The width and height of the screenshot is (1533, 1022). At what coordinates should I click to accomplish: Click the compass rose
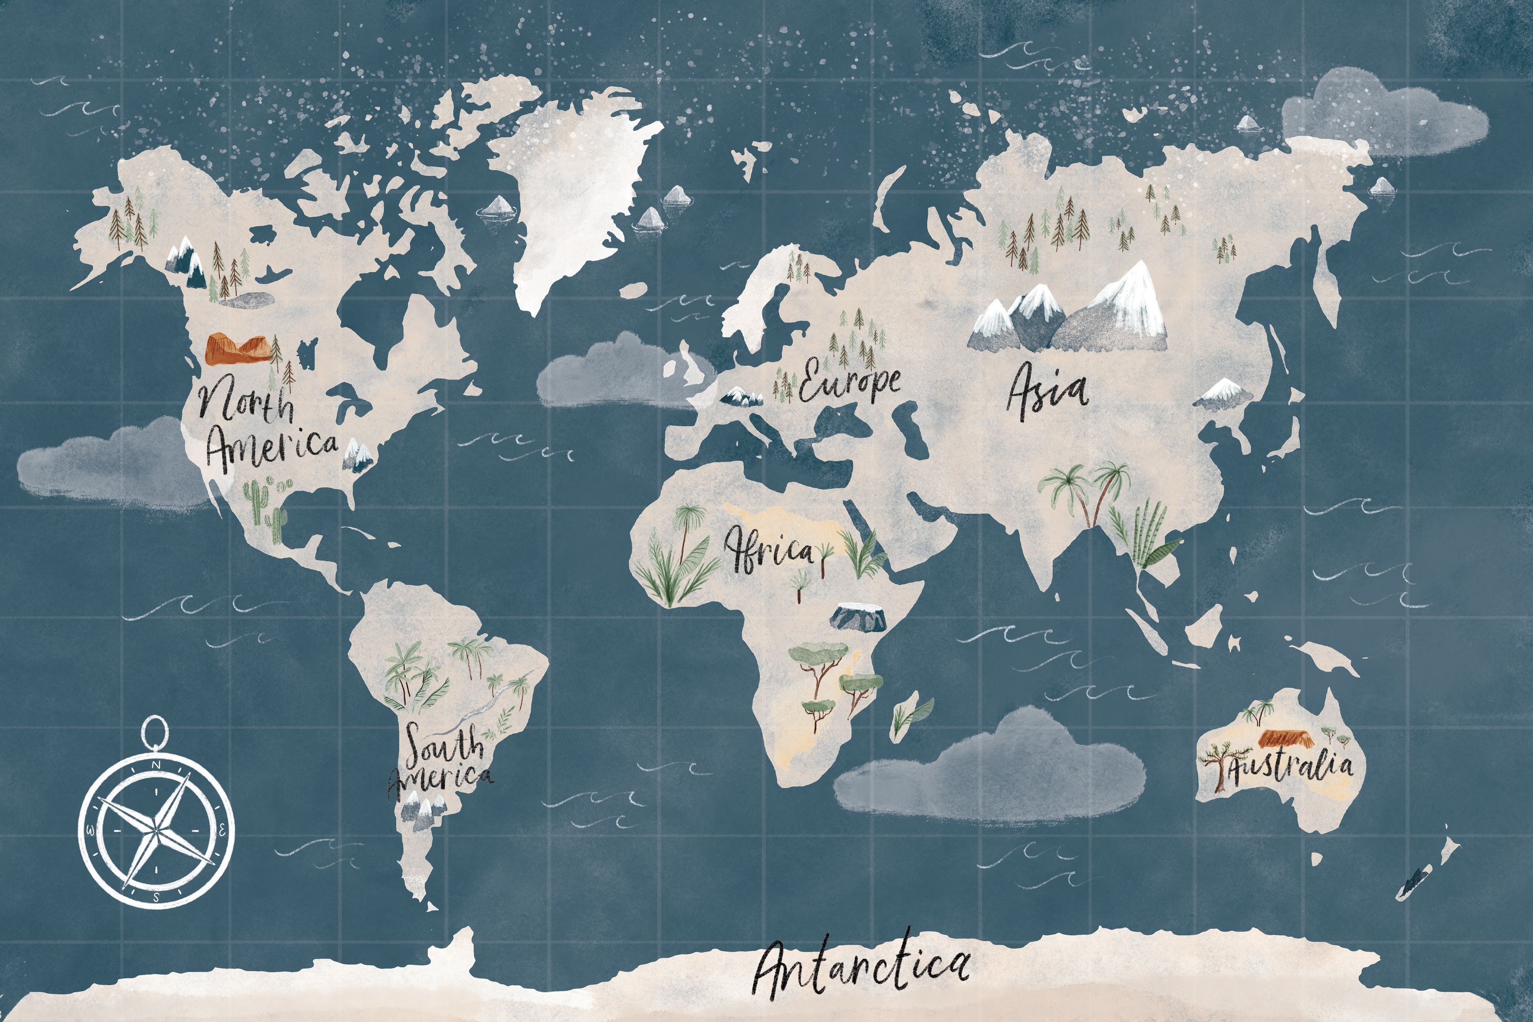[156, 831]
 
